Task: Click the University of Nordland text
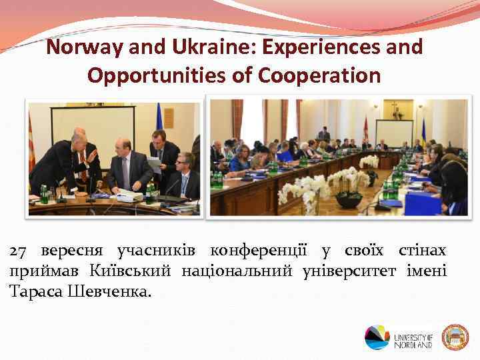413,339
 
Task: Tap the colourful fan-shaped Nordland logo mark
377,337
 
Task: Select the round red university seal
456,337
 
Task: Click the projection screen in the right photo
393,133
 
